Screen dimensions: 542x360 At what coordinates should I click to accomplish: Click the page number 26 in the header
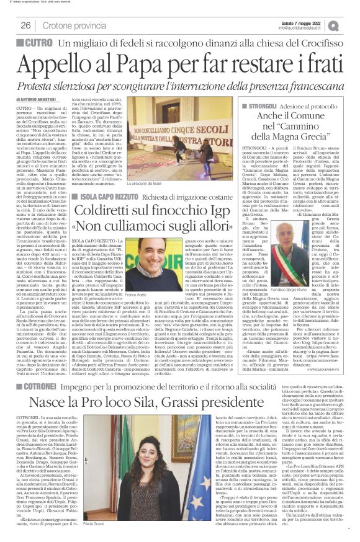26,25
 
